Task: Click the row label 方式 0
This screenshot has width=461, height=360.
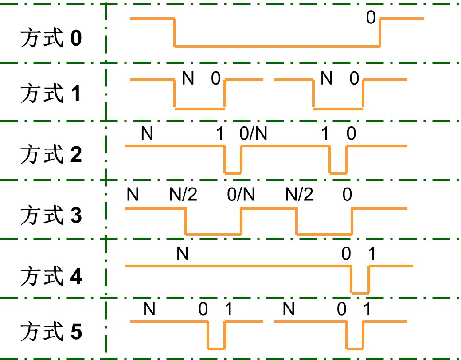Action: click(51, 39)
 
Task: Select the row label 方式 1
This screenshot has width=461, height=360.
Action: click(51, 94)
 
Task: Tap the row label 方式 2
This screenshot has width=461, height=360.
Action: click(51, 156)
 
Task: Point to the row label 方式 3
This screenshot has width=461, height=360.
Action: click(51, 217)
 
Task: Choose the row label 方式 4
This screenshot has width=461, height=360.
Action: click(51, 278)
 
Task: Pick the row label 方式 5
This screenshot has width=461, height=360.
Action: click(51, 333)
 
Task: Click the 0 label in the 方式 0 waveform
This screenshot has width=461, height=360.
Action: click(371, 18)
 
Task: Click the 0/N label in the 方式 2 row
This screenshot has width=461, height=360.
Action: click(253, 133)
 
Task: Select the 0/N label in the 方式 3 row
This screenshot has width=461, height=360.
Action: click(241, 194)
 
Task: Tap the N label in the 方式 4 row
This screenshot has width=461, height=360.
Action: click(183, 254)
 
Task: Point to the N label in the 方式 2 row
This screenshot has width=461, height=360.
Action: click(147, 133)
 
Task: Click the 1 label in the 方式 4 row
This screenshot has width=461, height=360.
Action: click(371, 254)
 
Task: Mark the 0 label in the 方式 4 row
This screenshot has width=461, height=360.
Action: click(346, 254)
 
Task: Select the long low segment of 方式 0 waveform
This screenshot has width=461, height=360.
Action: click(277, 46)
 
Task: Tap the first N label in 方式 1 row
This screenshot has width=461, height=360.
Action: click(188, 79)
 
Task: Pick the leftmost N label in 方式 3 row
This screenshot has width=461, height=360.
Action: click(132, 194)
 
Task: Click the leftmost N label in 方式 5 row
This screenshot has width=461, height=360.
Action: click(150, 309)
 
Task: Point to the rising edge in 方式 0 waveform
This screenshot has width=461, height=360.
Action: click(380, 32)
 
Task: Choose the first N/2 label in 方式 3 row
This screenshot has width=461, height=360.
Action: click(183, 194)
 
